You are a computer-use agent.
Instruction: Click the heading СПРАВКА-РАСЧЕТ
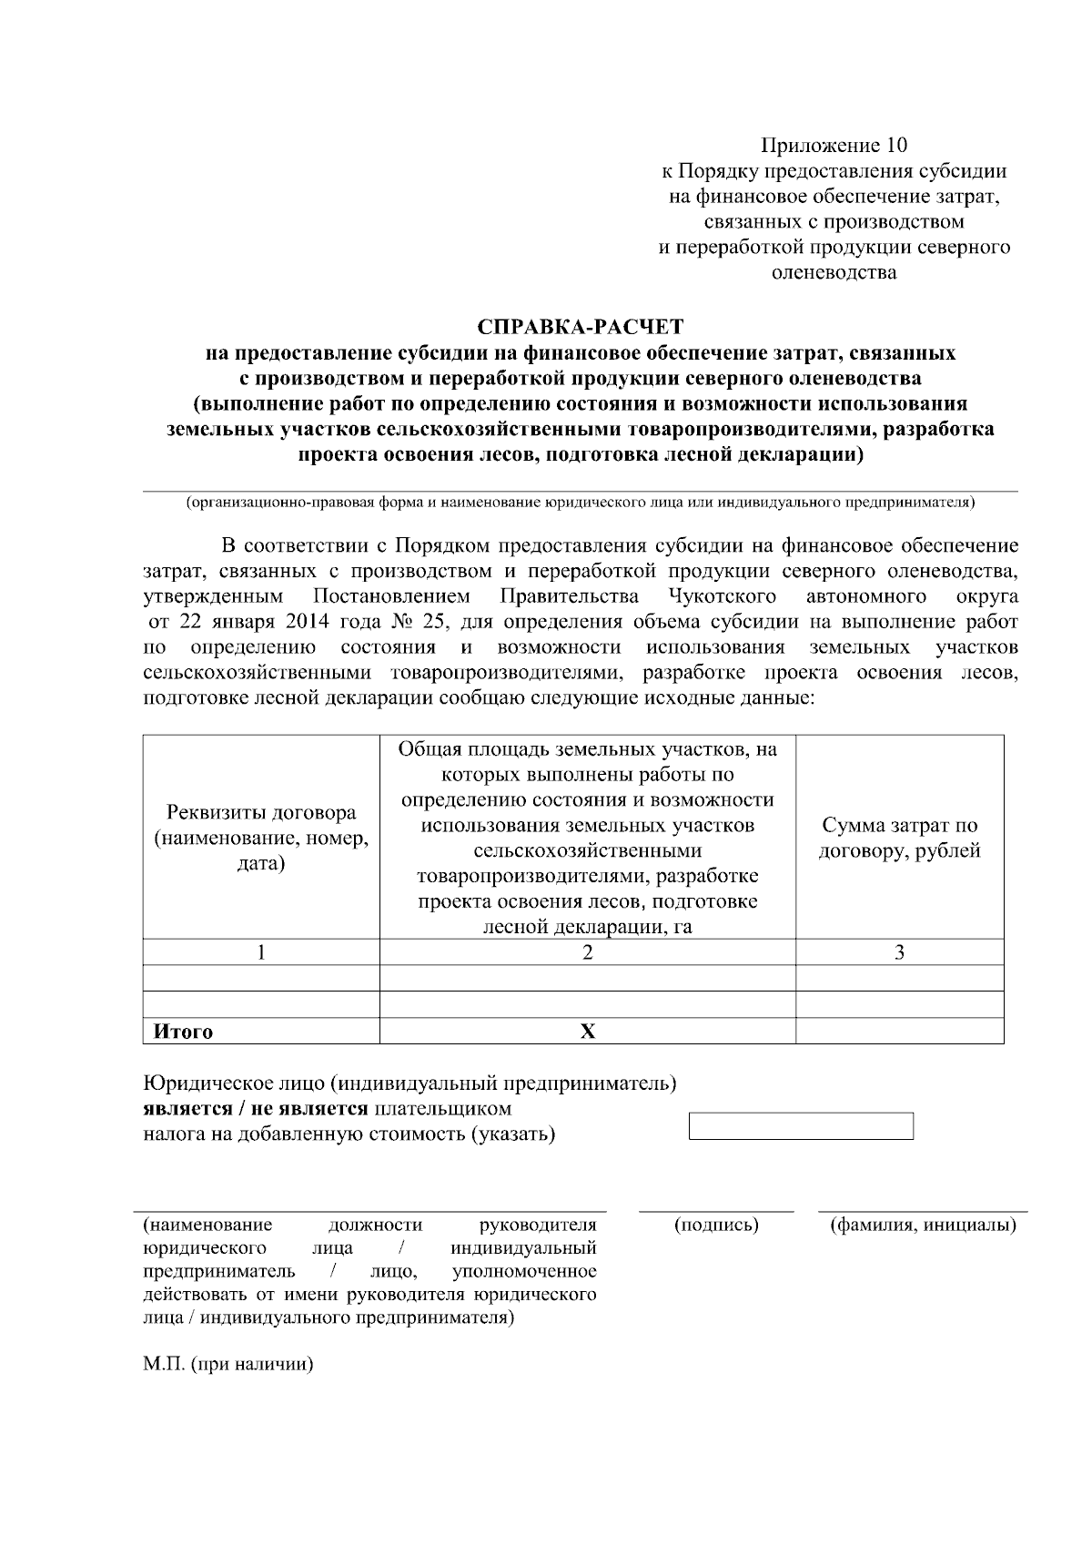click(x=581, y=326)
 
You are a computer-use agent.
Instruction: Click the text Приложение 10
click(x=834, y=146)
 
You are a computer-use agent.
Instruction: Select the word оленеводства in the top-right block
click(x=834, y=272)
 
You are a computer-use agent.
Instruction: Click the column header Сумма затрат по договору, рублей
click(x=899, y=838)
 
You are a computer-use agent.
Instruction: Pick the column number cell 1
click(x=261, y=952)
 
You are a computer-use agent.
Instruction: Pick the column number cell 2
click(x=587, y=952)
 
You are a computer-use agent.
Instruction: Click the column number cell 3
click(x=899, y=952)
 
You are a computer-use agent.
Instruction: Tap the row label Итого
click(x=183, y=1032)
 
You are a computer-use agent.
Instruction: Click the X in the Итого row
click(x=588, y=1032)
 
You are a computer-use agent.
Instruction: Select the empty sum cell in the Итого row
click(x=899, y=1031)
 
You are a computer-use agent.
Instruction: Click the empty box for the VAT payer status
click(x=801, y=1125)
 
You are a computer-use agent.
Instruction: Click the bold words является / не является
click(x=256, y=1109)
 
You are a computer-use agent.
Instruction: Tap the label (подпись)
click(x=716, y=1225)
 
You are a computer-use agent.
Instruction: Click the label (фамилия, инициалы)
click(x=922, y=1225)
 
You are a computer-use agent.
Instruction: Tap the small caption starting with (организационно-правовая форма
click(x=580, y=503)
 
